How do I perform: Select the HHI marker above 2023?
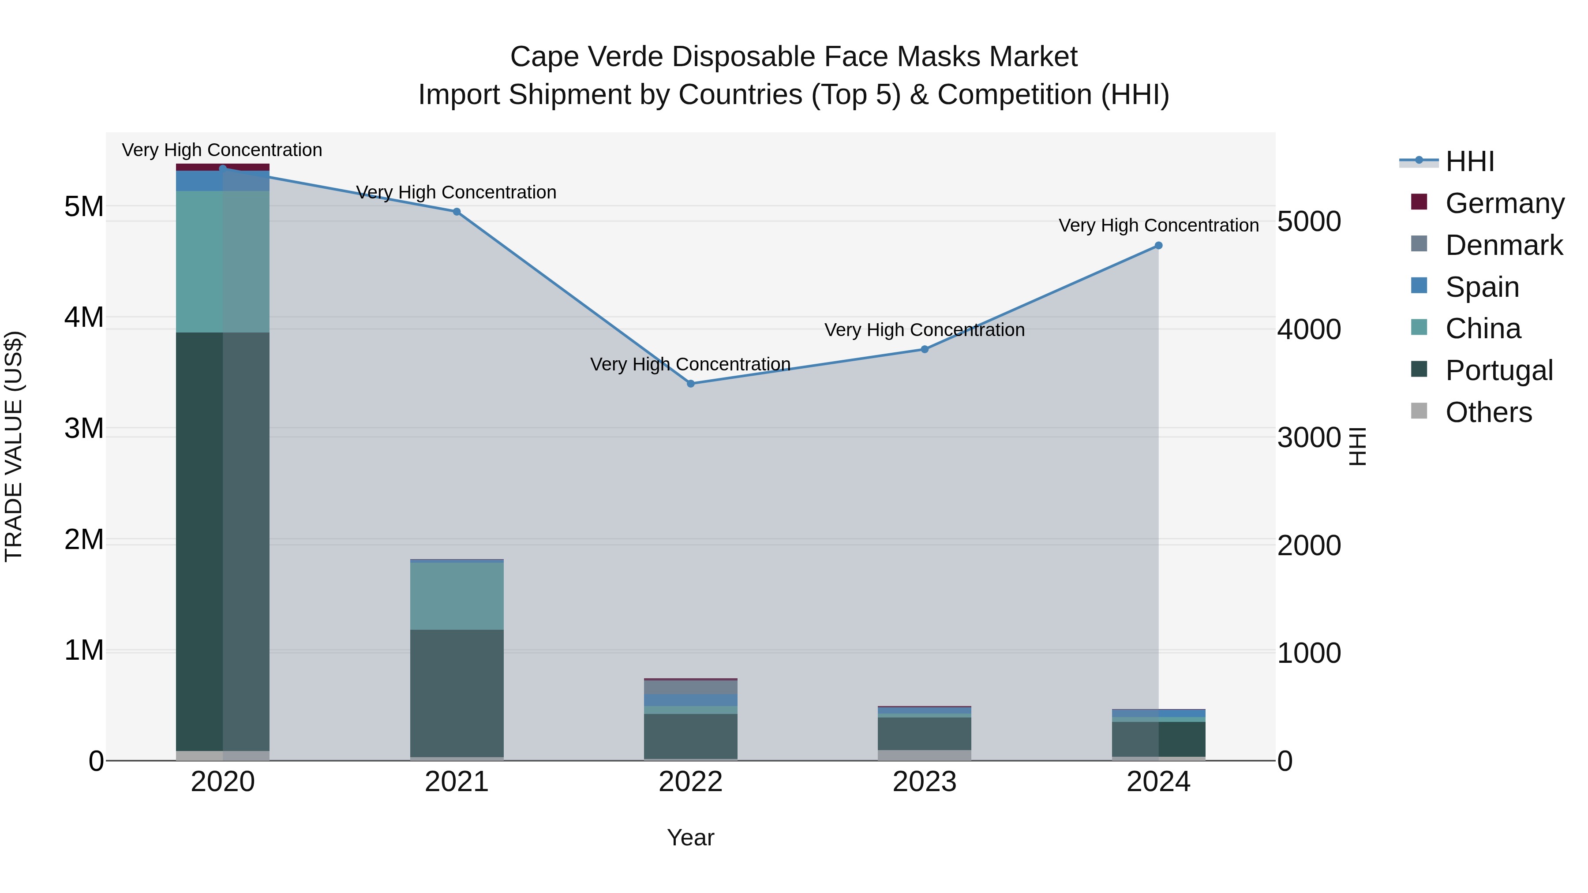click(925, 349)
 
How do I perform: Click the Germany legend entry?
click(1504, 203)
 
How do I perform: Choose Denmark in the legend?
click(1504, 245)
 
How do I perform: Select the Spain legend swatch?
click(1419, 286)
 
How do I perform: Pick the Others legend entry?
click(1488, 412)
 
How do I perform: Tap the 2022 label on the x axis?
click(690, 782)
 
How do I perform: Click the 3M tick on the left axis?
click(84, 428)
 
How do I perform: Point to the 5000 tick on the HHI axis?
click(1309, 222)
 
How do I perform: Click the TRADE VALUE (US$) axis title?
click(14, 446)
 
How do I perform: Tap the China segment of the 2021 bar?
click(457, 596)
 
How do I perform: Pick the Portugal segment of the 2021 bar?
click(457, 693)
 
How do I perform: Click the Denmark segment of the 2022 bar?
click(690, 687)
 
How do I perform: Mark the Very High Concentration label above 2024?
click(1158, 225)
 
